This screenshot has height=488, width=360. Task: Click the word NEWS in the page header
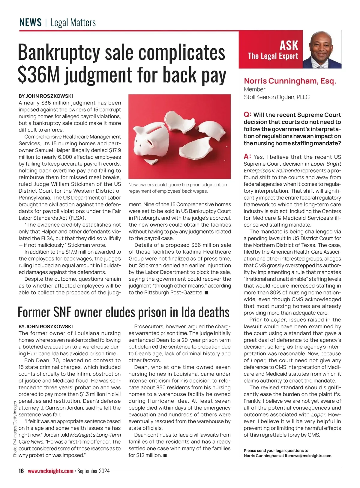pyautogui.click(x=30, y=23)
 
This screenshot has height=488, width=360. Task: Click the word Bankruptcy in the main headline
pyautogui.click(x=58, y=53)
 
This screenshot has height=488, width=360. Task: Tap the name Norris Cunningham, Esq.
pyautogui.click(x=290, y=81)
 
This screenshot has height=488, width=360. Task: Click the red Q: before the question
pyautogui.click(x=247, y=114)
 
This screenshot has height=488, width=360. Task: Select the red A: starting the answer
pyautogui.click(x=247, y=156)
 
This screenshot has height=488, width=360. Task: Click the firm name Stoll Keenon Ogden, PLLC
pyautogui.click(x=277, y=97)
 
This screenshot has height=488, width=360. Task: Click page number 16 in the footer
pyautogui.click(x=21, y=471)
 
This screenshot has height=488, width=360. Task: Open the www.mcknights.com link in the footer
pyautogui.click(x=50, y=471)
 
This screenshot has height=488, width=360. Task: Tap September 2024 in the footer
pyautogui.click(x=93, y=471)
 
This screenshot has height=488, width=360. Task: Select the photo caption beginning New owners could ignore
pyautogui.click(x=178, y=188)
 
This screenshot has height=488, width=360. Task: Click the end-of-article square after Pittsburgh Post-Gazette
pyautogui.click(x=206, y=293)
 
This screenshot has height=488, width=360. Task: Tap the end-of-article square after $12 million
pyautogui.click(x=165, y=455)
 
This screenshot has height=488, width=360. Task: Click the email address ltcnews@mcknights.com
pyautogui.click(x=308, y=456)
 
